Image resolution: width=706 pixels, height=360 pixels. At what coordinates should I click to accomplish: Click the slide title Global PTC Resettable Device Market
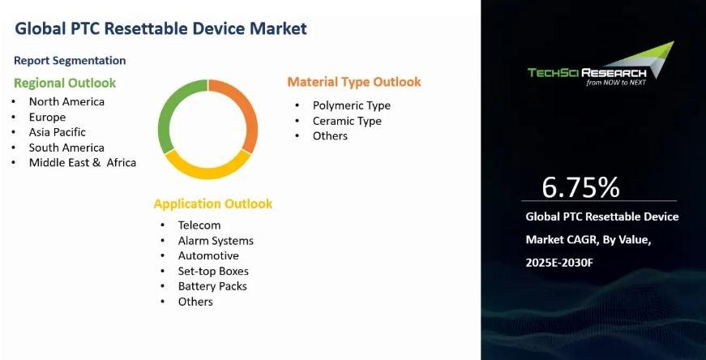[x=160, y=28]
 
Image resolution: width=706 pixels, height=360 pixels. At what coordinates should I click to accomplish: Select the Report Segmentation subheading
[x=70, y=61]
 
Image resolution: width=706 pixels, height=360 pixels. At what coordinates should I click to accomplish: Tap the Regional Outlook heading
[x=65, y=83]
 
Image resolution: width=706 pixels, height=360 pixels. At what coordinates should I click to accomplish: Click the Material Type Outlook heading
[x=354, y=82]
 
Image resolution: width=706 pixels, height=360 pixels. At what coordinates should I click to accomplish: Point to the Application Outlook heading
[x=213, y=204]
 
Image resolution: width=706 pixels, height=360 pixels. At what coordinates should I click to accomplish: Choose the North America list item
[x=66, y=102]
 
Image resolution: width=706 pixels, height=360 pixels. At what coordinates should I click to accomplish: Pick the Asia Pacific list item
[x=58, y=132]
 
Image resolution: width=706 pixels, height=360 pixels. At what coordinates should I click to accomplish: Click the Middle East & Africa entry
[x=83, y=163]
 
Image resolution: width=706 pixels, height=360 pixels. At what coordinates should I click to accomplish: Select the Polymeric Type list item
[x=352, y=106]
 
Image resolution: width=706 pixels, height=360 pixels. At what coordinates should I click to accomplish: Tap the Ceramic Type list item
[x=347, y=121]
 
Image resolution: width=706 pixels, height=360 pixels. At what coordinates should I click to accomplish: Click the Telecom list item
[x=199, y=225]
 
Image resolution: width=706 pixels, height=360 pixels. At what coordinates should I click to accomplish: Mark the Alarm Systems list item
[x=216, y=241]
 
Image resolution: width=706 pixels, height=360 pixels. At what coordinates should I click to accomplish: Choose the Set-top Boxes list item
[x=213, y=272]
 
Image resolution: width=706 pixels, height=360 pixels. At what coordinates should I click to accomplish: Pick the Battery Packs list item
[x=212, y=286]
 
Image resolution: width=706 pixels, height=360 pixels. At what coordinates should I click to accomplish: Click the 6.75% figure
[x=580, y=187]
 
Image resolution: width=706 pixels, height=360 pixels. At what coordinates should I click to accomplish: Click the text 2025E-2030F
[x=559, y=263]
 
